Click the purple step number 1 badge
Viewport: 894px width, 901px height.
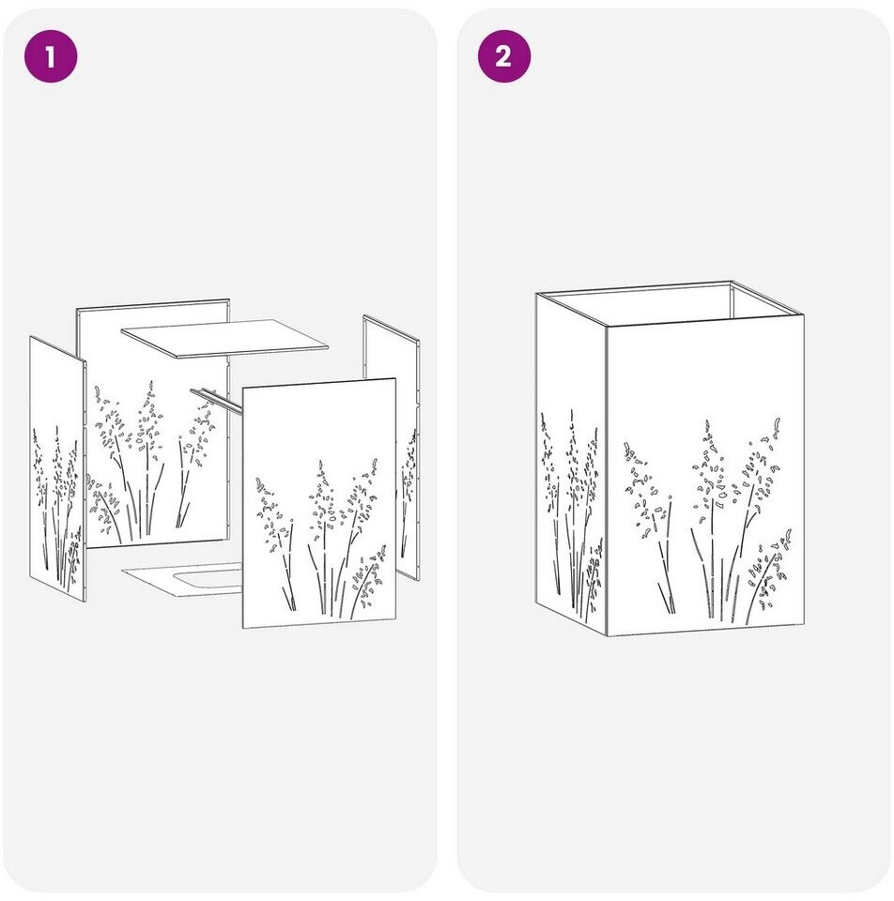pyautogui.click(x=51, y=56)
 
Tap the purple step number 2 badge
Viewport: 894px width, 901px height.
pyautogui.click(x=504, y=56)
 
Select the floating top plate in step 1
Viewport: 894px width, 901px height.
pyautogui.click(x=224, y=339)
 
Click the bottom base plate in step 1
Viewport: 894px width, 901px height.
pyautogui.click(x=183, y=579)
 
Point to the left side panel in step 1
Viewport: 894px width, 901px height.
pyautogui.click(x=57, y=468)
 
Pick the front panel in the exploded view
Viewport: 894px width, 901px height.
pyautogui.click(x=319, y=503)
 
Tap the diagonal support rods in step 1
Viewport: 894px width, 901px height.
pyautogui.click(x=216, y=400)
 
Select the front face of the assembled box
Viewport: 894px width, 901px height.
pyautogui.click(x=705, y=476)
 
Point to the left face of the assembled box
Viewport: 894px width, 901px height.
pyautogui.click(x=572, y=460)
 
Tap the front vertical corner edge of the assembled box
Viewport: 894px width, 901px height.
pyautogui.click(x=608, y=481)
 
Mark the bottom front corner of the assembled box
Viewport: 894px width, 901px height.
pyautogui.click(x=608, y=636)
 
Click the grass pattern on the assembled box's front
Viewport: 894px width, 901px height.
pyautogui.click(x=708, y=521)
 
